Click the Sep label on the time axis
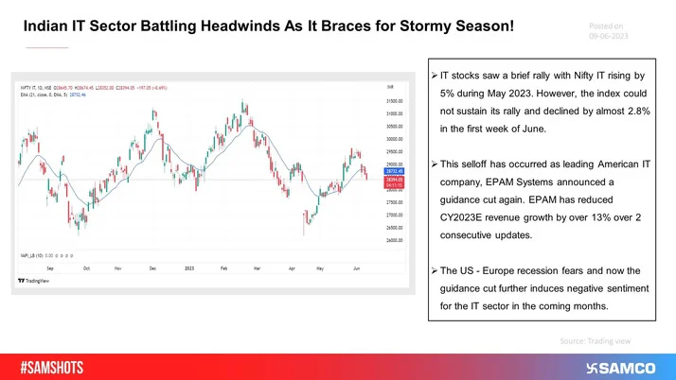[49, 269]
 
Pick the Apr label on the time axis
[292, 269]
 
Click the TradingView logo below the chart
[36, 282]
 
